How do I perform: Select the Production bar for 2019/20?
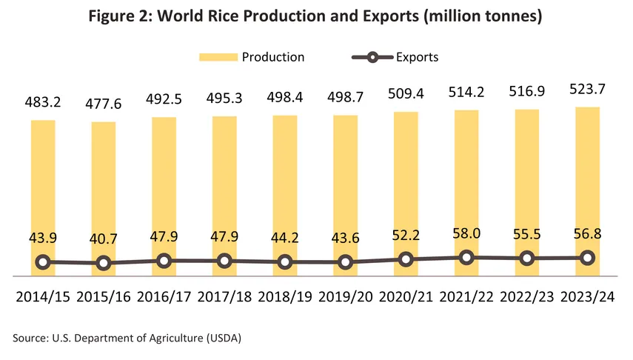point(345,185)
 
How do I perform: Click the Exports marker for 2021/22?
point(466,258)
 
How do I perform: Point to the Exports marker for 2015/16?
point(104,262)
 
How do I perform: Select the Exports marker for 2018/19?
point(285,261)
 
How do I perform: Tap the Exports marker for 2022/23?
point(526,259)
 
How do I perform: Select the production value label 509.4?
point(406,95)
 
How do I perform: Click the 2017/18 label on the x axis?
point(224,296)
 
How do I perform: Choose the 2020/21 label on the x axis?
point(406,296)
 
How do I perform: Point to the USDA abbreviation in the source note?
point(225,338)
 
